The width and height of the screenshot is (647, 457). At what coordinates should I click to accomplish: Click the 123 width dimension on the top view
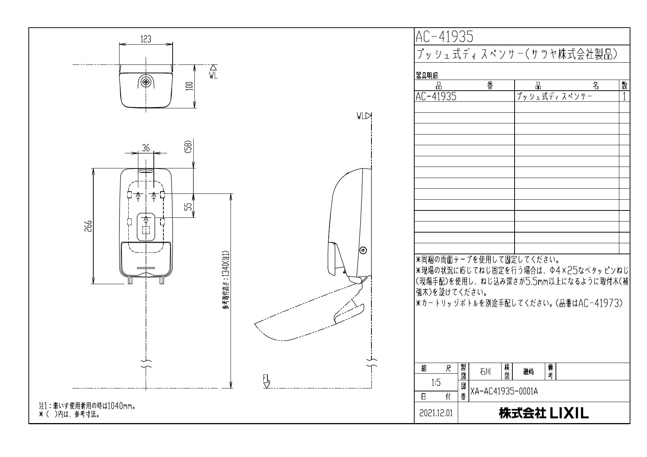click(x=146, y=39)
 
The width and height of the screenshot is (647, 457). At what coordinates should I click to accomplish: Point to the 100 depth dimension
click(x=190, y=86)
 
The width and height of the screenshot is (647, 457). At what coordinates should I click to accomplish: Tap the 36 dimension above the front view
click(x=146, y=148)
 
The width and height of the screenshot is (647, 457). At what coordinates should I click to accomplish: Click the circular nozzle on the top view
click(x=146, y=82)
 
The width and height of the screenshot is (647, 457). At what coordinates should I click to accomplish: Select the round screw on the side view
click(x=363, y=251)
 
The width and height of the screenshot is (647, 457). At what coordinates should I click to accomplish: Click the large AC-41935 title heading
click(x=444, y=36)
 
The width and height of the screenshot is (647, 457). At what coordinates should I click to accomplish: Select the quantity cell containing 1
click(x=624, y=97)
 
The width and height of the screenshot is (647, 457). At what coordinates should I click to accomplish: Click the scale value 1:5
click(x=436, y=383)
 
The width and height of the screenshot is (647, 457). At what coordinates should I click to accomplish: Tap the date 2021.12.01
click(x=436, y=413)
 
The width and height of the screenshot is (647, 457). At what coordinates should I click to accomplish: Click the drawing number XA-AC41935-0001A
click(x=504, y=391)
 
